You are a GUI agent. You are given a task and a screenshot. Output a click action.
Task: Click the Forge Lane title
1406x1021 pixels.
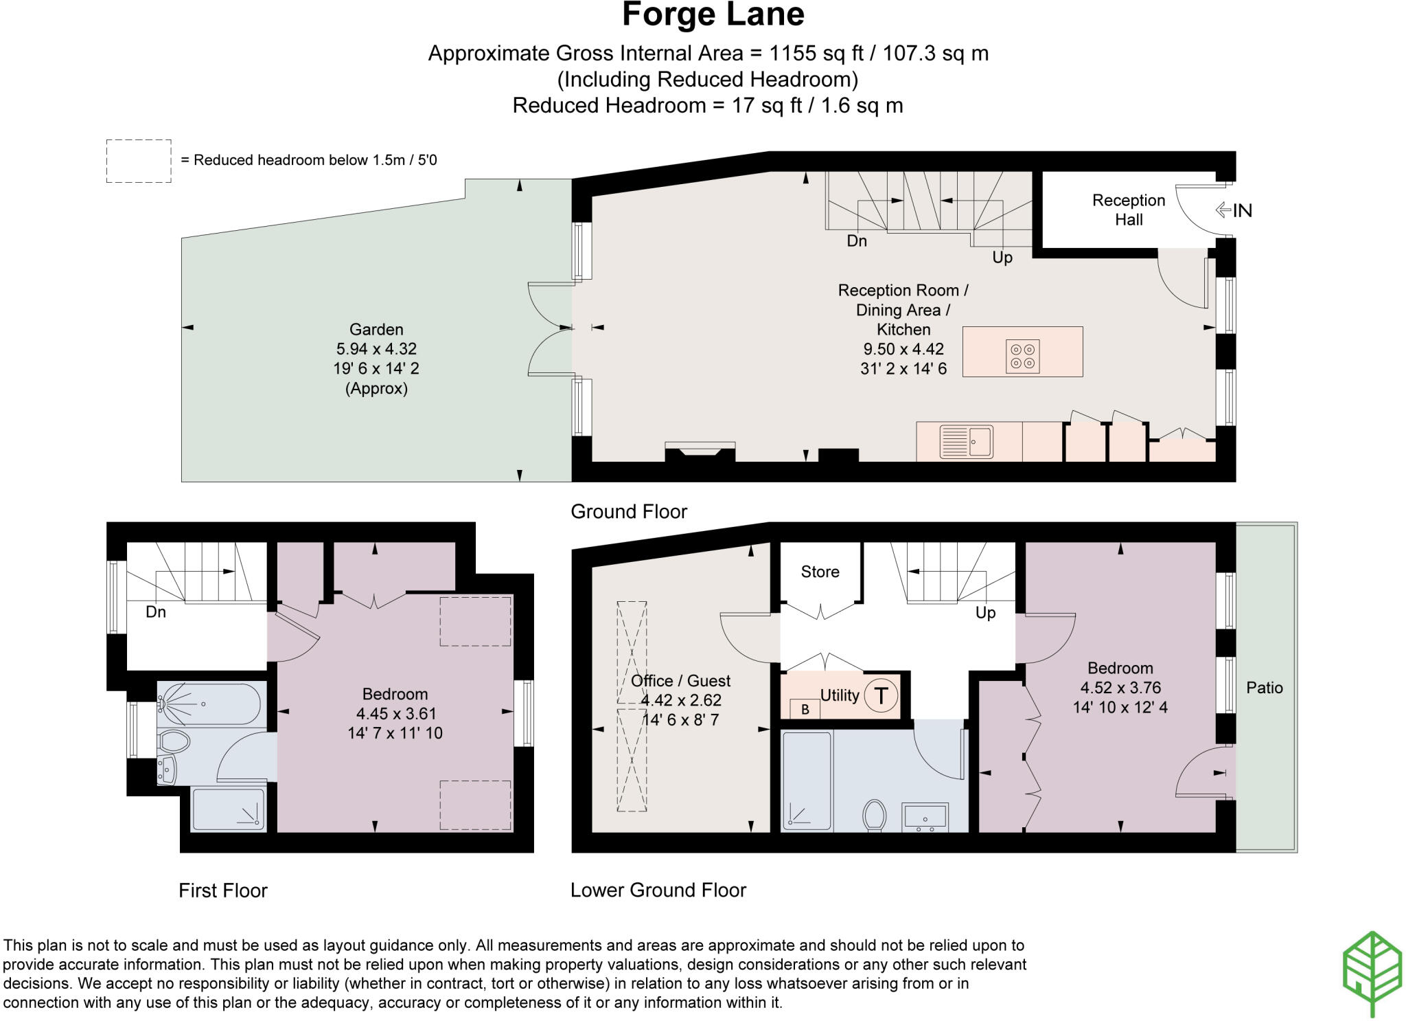tap(713, 15)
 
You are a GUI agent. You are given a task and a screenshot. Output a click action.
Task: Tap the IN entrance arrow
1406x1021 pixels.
tap(1233, 210)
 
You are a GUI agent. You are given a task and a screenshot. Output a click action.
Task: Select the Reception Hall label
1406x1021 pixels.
tap(1129, 210)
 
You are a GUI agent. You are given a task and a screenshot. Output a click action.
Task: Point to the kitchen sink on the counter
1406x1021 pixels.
tap(966, 441)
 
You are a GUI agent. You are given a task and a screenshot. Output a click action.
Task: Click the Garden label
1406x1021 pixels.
tap(376, 329)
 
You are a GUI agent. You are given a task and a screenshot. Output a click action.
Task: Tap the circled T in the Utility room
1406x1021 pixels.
tap(881, 695)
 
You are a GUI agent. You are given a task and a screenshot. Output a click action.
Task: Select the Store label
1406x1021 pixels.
tap(820, 572)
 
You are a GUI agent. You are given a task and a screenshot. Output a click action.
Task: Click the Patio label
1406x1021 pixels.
tap(1264, 688)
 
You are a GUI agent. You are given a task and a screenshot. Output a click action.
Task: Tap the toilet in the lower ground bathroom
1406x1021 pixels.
tap(874, 815)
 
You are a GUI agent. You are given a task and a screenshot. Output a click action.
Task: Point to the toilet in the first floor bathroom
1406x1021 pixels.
tap(174, 741)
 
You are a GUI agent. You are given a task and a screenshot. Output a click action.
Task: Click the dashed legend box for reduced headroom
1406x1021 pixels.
tap(139, 161)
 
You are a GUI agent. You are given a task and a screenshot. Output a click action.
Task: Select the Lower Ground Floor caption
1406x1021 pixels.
tap(658, 890)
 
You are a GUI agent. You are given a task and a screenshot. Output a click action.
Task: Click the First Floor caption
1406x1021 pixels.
tap(222, 890)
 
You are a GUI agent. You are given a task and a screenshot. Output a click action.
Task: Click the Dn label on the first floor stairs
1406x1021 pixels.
tap(156, 612)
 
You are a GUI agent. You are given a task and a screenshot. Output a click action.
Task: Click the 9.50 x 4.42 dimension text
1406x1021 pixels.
tap(903, 349)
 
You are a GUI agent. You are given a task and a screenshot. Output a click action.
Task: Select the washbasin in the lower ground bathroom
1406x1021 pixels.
tap(925, 818)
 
